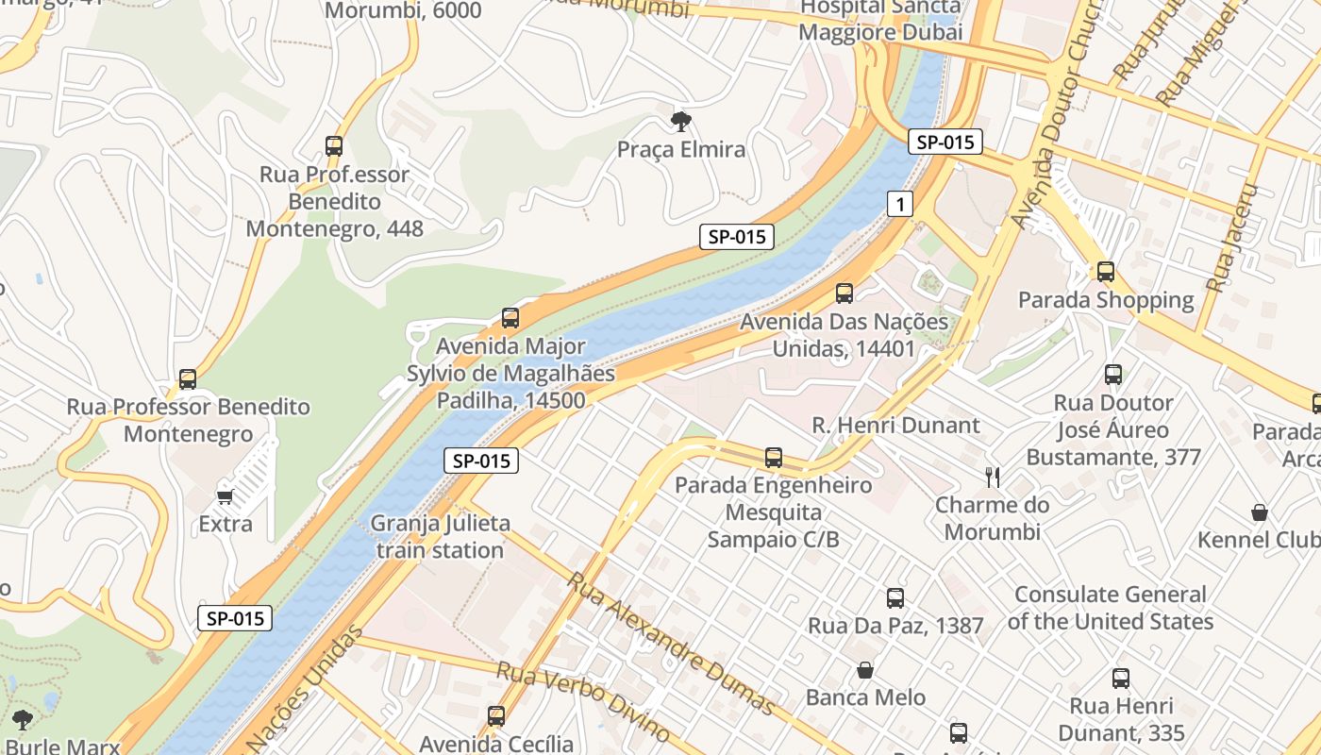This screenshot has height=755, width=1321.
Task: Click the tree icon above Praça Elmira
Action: coord(680,121)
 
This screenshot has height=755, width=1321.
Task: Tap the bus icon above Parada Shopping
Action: coord(1106,272)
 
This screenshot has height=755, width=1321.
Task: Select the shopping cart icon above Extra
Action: coord(225,495)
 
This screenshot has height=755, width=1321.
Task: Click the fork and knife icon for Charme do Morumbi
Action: coord(992,477)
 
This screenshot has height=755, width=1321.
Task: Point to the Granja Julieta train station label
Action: coord(440,536)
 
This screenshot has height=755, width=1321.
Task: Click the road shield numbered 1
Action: coord(900,203)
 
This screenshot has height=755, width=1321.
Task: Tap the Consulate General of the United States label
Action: coord(1110,608)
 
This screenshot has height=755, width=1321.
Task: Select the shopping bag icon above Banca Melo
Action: coord(865,670)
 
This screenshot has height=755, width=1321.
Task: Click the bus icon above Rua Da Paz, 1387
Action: coord(895,597)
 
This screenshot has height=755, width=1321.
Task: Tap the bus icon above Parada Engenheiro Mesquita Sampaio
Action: coord(774,458)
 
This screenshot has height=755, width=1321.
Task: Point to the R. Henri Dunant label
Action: coord(895,426)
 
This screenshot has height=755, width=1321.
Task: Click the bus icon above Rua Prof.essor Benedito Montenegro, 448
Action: coord(334,146)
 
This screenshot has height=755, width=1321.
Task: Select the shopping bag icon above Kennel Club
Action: coord(1260,512)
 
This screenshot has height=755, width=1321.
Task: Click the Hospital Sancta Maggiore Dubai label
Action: coord(879,20)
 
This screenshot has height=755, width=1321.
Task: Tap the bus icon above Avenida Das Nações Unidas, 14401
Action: coord(844,294)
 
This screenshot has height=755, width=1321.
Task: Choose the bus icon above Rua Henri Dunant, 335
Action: coord(1121,678)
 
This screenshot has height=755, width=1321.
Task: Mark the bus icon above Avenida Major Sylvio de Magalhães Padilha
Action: coord(510,318)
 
